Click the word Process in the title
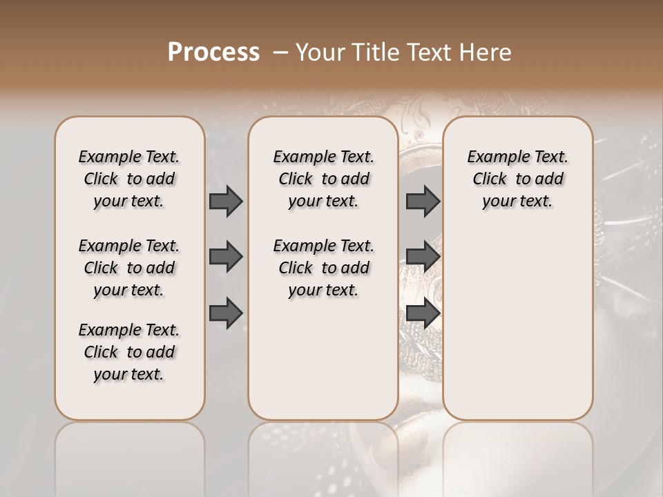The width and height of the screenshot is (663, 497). click(213, 52)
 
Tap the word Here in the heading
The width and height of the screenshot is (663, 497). click(486, 52)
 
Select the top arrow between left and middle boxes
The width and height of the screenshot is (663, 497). click(226, 202)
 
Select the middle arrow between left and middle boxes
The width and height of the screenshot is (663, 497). click(226, 257)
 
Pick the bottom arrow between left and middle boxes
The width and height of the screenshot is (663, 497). click(226, 313)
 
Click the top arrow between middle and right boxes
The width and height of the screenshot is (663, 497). click(423, 202)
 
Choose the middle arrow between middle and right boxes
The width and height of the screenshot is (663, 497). click(423, 257)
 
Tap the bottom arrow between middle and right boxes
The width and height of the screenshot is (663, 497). click(423, 313)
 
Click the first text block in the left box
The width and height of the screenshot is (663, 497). click(129, 179)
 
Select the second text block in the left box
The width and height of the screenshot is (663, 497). click(129, 268)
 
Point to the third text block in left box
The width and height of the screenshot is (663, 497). click(129, 352)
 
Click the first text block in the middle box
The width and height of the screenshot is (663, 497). click(323, 179)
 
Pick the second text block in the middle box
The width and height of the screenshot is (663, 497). click(323, 268)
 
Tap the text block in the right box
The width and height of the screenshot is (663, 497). click(517, 179)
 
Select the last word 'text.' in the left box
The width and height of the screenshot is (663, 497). click(146, 374)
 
